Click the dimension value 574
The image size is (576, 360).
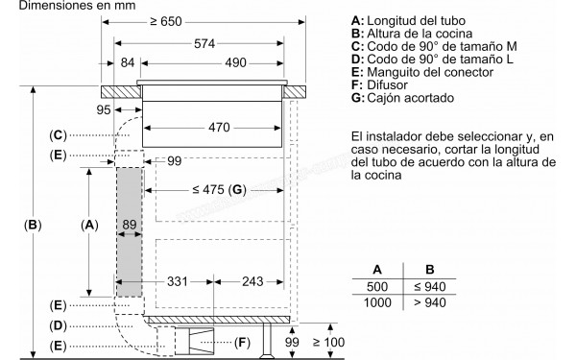201,44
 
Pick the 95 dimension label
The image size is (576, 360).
103,110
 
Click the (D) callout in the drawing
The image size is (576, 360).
59,324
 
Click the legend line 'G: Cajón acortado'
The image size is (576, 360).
403,97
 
